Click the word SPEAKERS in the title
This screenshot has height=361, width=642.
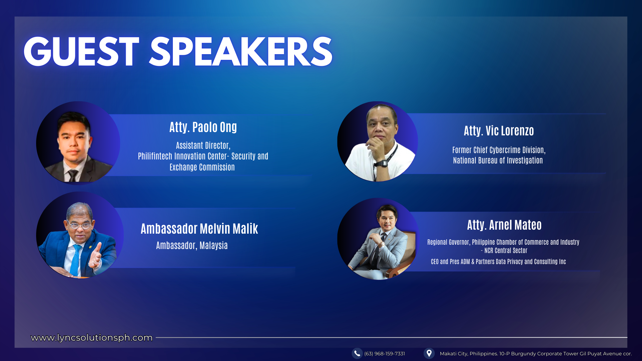pos(240,52)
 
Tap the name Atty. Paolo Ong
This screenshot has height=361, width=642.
pos(203,127)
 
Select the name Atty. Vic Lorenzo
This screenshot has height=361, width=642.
pos(499,131)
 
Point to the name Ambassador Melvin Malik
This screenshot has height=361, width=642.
pos(199,229)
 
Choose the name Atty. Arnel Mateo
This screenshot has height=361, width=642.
pos(504,225)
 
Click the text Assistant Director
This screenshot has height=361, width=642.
pos(203,145)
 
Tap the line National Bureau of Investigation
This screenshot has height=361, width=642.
pos(498,160)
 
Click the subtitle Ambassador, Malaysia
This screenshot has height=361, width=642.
pos(192,246)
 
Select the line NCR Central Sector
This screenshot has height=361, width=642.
pos(506,251)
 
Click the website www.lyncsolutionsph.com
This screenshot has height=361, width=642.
pos(92,338)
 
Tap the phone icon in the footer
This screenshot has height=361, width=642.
pos(357,353)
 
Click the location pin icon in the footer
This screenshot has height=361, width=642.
pos(429,353)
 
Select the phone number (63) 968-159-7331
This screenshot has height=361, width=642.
pos(385,354)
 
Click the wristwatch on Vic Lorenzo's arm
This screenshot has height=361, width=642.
pos(381,163)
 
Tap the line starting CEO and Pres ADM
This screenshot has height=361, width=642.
pos(498,262)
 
